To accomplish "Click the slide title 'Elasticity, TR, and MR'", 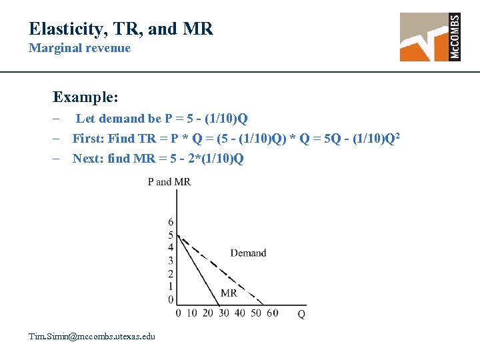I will (121, 29).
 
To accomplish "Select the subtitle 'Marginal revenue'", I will (79, 48).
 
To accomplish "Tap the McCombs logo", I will (430, 37).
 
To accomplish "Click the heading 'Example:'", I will (85, 97).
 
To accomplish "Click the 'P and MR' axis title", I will (169, 182).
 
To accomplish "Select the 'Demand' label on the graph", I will (248, 253).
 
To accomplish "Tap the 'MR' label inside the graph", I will (229, 293).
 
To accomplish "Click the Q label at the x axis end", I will (301, 314).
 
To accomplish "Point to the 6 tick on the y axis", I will (171, 222).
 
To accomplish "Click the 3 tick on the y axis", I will (171, 261).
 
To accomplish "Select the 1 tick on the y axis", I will (171, 287).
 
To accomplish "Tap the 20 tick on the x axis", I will (208, 313).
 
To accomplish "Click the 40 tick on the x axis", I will (240, 313).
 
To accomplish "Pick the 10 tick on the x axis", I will (192, 313).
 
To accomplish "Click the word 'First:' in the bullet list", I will (88, 139).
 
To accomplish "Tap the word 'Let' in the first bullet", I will (85, 119).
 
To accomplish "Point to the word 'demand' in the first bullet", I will (121, 119).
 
